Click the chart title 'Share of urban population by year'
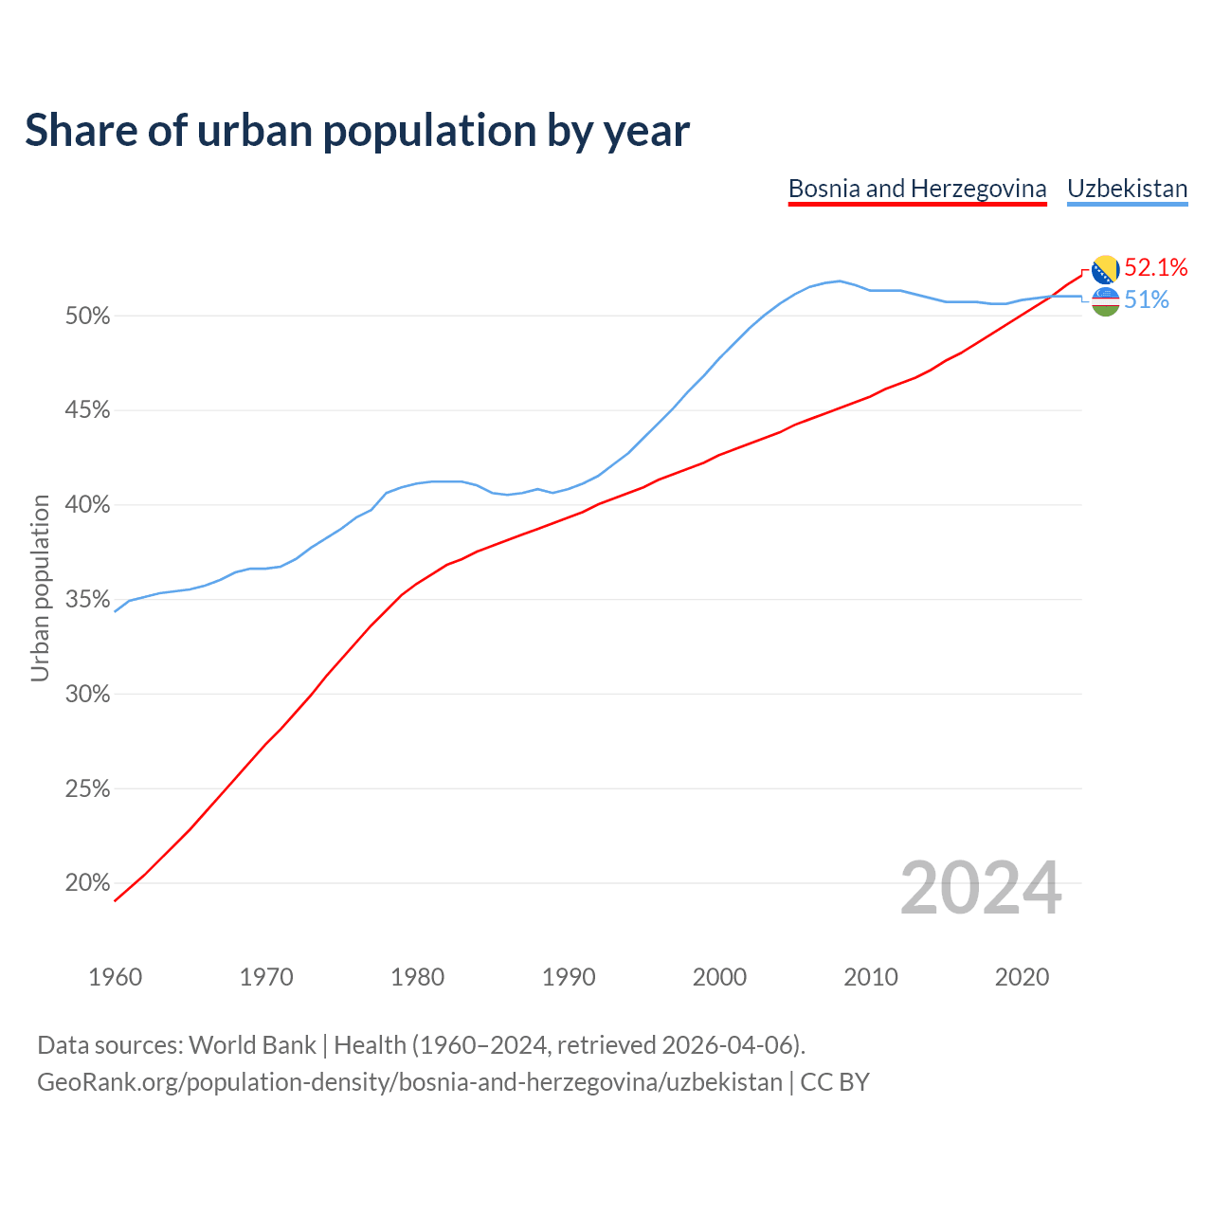356,131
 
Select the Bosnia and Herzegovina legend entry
917,189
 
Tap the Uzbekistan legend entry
1127,189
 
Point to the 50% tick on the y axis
88,317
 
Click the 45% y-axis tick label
88,410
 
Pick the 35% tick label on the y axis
88,600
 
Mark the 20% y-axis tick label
88,883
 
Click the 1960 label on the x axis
115,977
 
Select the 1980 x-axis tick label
417,977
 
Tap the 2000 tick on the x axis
719,977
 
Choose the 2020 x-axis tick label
1022,977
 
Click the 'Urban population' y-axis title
40,588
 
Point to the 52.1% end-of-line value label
1155,268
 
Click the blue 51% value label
1147,300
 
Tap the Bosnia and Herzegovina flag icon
1105,269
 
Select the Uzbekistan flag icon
1105,301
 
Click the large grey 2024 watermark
981,888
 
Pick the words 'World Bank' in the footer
252,1045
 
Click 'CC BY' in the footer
835,1082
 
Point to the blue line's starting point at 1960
116,611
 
